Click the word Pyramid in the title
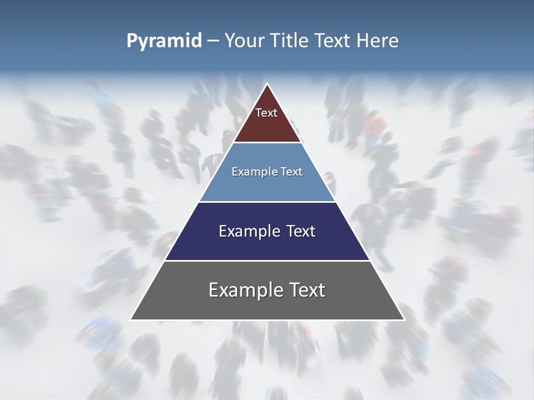(x=164, y=41)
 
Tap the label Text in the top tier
(x=266, y=113)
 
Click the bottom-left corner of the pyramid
(x=131, y=319)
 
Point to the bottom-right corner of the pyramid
(x=404, y=319)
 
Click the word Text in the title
(x=333, y=41)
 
